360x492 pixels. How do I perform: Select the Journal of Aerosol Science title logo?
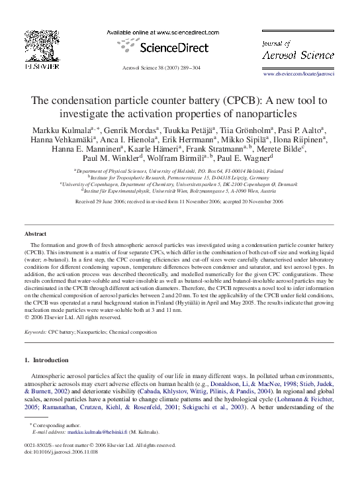298,51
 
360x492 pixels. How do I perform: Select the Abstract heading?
35,234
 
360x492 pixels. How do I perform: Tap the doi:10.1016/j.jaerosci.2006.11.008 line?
60,454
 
